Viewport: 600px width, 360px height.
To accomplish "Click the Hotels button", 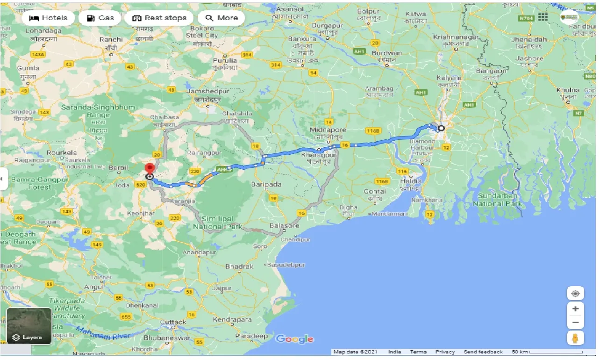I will (48, 18).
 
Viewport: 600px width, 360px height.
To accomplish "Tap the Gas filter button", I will (100, 18).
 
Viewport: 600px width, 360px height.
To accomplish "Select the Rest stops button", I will (159, 18).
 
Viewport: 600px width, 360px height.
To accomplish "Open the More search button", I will (222, 18).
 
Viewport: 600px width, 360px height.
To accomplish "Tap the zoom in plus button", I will (575, 309).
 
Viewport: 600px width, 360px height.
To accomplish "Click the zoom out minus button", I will (575, 323).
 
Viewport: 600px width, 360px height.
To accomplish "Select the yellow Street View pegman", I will (575, 338).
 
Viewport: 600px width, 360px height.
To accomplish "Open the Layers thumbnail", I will (29, 326).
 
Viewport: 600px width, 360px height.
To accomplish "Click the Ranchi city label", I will (111, 40).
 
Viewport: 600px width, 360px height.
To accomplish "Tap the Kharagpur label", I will (319, 155).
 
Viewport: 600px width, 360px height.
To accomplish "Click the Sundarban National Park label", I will (497, 200).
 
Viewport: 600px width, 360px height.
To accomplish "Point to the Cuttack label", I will (173, 322).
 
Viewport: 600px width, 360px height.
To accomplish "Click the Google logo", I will (294, 339).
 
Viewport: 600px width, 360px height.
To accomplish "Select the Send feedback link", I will (483, 352).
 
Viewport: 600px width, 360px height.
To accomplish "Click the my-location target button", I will (575, 293).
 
